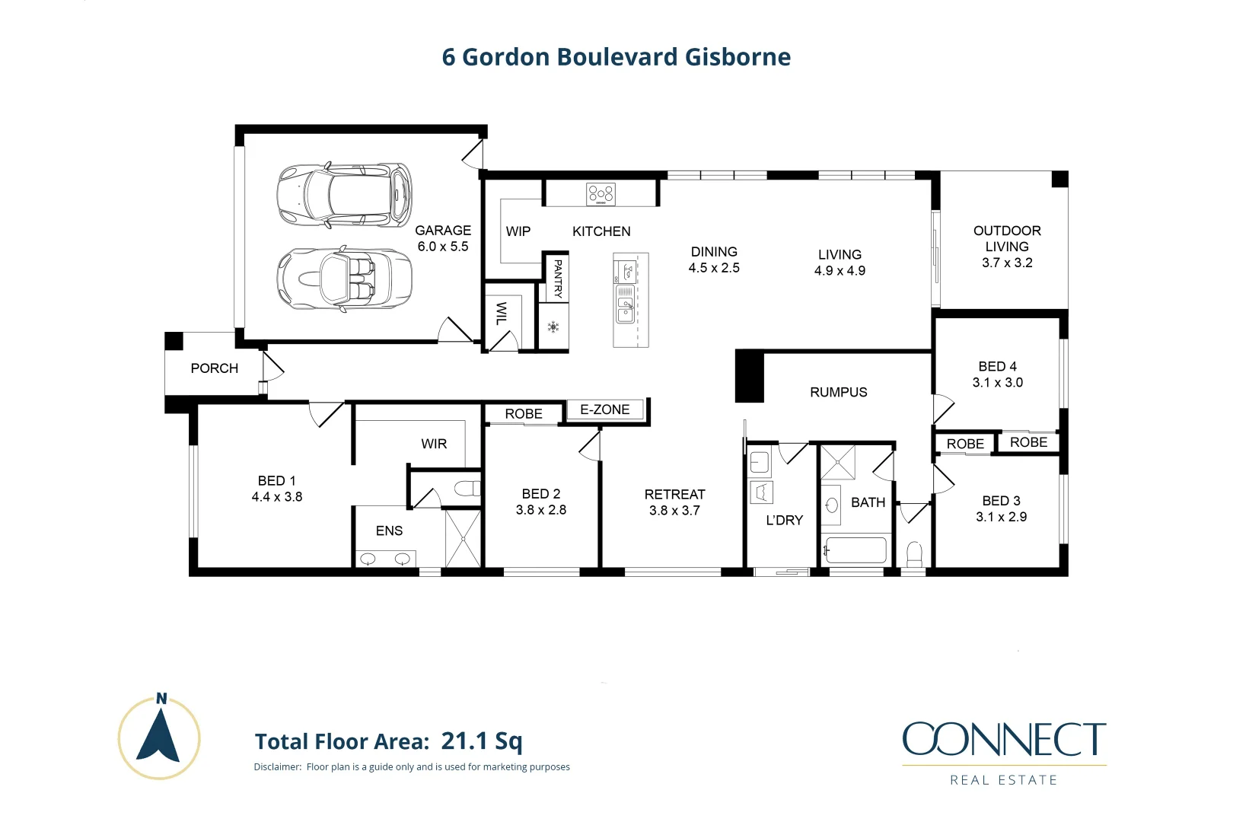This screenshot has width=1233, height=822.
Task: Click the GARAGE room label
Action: (443, 231)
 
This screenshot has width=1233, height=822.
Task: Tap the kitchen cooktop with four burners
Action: (601, 194)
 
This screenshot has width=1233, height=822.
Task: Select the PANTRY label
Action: (558, 279)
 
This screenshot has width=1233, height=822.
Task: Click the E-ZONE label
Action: (605, 409)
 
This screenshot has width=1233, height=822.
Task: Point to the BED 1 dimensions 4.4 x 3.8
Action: (277, 497)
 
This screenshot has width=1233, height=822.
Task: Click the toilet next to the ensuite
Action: (467, 488)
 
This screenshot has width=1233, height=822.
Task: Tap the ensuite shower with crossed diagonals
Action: (463, 539)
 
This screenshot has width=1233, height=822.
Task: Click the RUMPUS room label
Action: (839, 392)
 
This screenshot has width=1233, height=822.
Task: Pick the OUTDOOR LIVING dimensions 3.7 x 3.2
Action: (1007, 263)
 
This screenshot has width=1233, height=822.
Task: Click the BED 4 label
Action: (997, 367)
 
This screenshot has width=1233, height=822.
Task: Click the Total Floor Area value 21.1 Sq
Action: (482, 741)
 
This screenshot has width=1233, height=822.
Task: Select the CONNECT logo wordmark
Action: (1004, 739)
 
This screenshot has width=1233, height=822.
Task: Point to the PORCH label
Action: (215, 368)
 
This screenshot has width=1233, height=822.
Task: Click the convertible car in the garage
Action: (344, 278)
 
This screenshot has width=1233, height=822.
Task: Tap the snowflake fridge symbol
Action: (553, 327)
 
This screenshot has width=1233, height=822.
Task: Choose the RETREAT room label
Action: (674, 495)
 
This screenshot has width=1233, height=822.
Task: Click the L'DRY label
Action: (784, 521)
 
